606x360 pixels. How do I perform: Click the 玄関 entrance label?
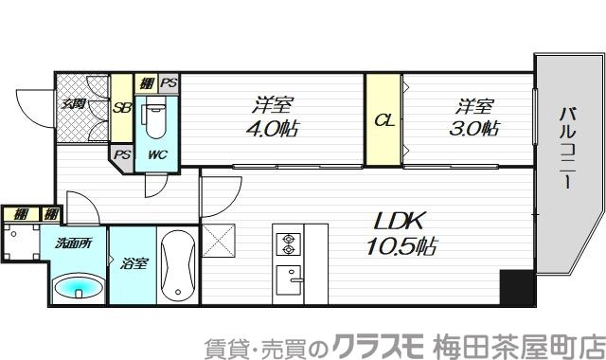tap(74, 104)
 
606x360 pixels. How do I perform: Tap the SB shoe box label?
tap(122, 108)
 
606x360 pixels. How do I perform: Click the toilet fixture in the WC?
tap(154, 118)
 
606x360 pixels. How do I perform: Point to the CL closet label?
tap(383, 121)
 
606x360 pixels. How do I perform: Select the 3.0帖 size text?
tap(474, 128)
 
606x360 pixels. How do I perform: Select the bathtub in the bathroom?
tap(179, 265)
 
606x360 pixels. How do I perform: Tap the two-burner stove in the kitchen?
tap(287, 244)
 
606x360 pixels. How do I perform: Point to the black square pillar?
tap(516, 288)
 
